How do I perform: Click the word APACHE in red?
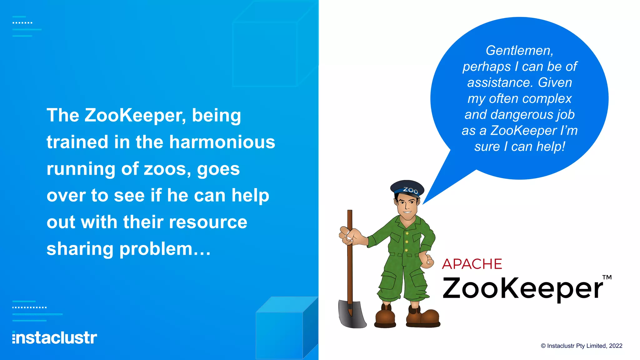point(472,264)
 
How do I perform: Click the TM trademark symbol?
point(607,277)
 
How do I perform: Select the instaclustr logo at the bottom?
point(55,338)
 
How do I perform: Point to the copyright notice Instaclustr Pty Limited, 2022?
point(582,346)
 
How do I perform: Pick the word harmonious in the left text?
point(222,142)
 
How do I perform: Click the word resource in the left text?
point(208,222)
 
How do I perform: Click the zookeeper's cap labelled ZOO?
point(407,187)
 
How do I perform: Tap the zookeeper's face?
point(407,205)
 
